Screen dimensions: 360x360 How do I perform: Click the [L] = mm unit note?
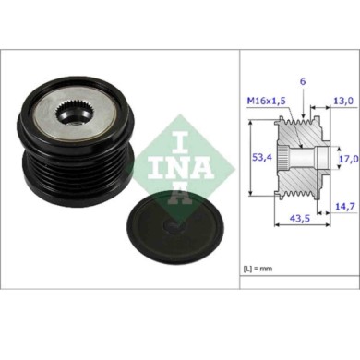point(260,269)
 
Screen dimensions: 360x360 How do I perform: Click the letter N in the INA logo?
point(182,168)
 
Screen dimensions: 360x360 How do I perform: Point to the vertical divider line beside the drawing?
point(239,166)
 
